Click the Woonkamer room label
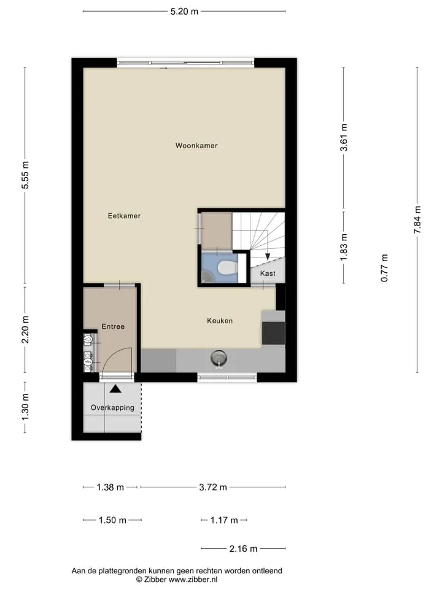click(x=196, y=146)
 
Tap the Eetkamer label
click(x=124, y=216)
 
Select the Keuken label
click(x=220, y=321)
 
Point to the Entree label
click(x=113, y=326)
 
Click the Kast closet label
click(x=268, y=273)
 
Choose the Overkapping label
click(x=112, y=408)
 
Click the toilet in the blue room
click(x=227, y=267)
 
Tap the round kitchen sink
click(x=219, y=357)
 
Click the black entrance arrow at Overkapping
click(x=115, y=388)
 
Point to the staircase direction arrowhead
click(x=268, y=257)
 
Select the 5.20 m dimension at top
click(x=184, y=11)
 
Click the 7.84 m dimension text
click(x=417, y=220)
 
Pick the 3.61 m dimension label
click(x=344, y=138)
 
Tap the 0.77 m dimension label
click(x=384, y=268)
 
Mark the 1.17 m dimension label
click(x=224, y=520)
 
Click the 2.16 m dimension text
click(x=243, y=549)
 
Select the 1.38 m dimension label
click(x=110, y=487)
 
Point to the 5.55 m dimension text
click(x=25, y=175)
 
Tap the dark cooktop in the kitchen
click(x=273, y=333)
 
